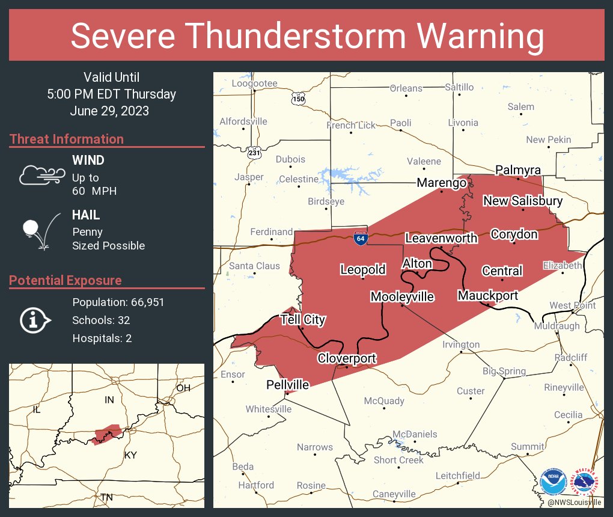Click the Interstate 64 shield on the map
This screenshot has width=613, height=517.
[x=360, y=238]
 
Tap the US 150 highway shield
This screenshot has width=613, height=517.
[x=297, y=98]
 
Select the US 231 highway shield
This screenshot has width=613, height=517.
[x=254, y=153]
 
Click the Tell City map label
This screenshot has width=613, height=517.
[x=303, y=319]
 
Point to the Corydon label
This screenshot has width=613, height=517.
[x=514, y=234]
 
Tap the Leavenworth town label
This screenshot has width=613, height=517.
[x=441, y=238]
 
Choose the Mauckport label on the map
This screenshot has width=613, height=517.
[x=487, y=295]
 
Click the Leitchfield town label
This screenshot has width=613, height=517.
[x=458, y=476]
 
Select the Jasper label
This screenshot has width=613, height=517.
[x=249, y=177]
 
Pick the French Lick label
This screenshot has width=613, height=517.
[x=351, y=125]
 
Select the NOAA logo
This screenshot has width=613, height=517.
[x=553, y=482]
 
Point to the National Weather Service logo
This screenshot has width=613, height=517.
[x=586, y=482]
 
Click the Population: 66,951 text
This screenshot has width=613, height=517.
[x=118, y=302]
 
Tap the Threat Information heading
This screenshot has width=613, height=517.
[x=66, y=139]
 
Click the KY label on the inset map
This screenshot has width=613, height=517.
[x=130, y=455]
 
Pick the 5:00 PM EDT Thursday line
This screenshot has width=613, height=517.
[x=111, y=94]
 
